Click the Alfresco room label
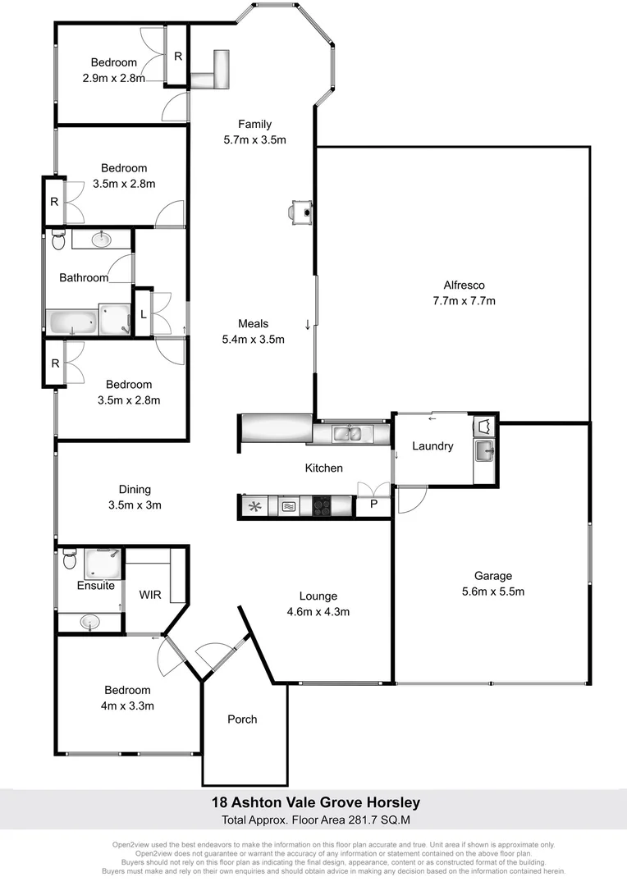point(464,285)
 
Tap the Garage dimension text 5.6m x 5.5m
point(492,591)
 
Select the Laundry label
point(432,446)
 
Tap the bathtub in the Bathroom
point(72,321)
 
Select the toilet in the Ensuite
point(68,562)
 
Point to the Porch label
point(242,719)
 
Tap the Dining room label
point(135,490)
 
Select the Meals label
point(254,323)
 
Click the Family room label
point(254,124)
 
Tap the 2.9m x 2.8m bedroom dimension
point(114,79)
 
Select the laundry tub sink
point(483,450)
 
